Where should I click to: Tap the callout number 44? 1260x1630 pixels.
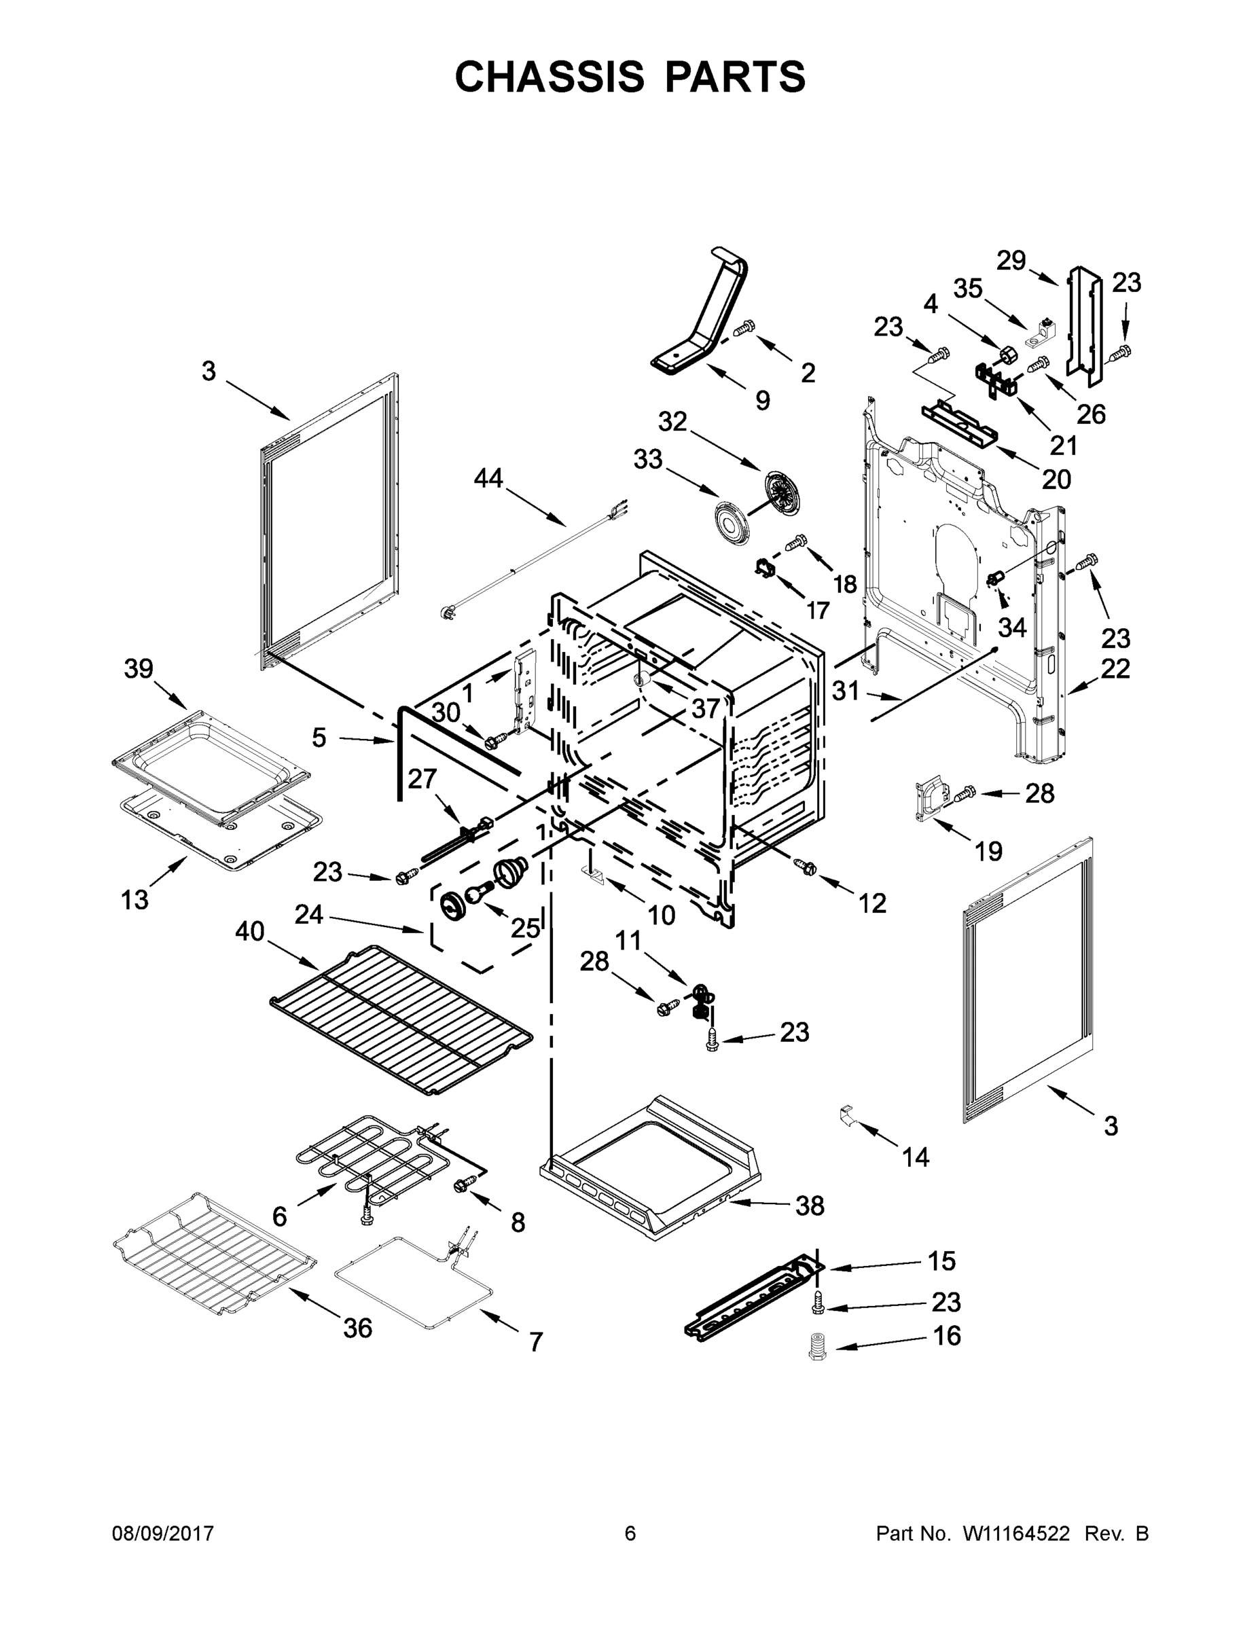488,477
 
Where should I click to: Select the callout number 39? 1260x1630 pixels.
138,669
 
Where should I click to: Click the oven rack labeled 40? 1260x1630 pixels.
401,1019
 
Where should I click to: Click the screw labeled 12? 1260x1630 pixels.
806,867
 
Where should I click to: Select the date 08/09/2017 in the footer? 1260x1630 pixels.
163,1534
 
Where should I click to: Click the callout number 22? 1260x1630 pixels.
1115,668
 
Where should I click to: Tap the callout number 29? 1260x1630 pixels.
1011,261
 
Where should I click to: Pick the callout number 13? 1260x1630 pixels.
135,900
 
